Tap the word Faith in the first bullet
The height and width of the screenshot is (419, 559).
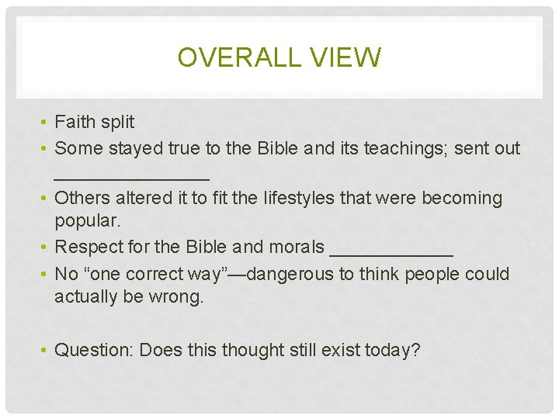tap(75, 122)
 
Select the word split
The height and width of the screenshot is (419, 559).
tap(116, 122)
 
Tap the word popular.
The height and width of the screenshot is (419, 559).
tap(88, 220)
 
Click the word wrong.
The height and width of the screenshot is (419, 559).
tap(178, 296)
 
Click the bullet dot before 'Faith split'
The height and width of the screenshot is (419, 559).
tap(47, 123)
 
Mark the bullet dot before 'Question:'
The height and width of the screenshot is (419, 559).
tap(47, 351)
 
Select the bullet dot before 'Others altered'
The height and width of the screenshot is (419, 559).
tap(47, 199)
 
